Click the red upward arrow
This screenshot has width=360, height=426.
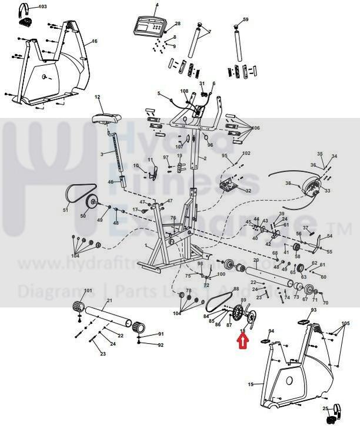point(242,340)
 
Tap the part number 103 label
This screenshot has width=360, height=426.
point(42,6)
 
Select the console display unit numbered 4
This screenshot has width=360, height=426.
point(148,25)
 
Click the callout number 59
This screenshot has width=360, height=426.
point(246,19)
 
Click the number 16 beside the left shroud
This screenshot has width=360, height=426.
point(94,42)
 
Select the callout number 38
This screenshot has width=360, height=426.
point(288,183)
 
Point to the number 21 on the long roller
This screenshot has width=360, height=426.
point(109,301)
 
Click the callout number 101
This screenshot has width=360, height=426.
point(88,291)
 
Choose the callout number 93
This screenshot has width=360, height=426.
point(314,310)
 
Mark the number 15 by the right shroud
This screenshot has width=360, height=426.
point(251,384)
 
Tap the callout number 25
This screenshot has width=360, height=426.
point(324,408)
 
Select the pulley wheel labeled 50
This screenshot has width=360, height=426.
point(92,203)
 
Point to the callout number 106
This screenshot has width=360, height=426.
point(255,128)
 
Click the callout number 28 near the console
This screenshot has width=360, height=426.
point(178,24)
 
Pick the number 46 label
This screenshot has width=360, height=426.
point(110,182)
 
